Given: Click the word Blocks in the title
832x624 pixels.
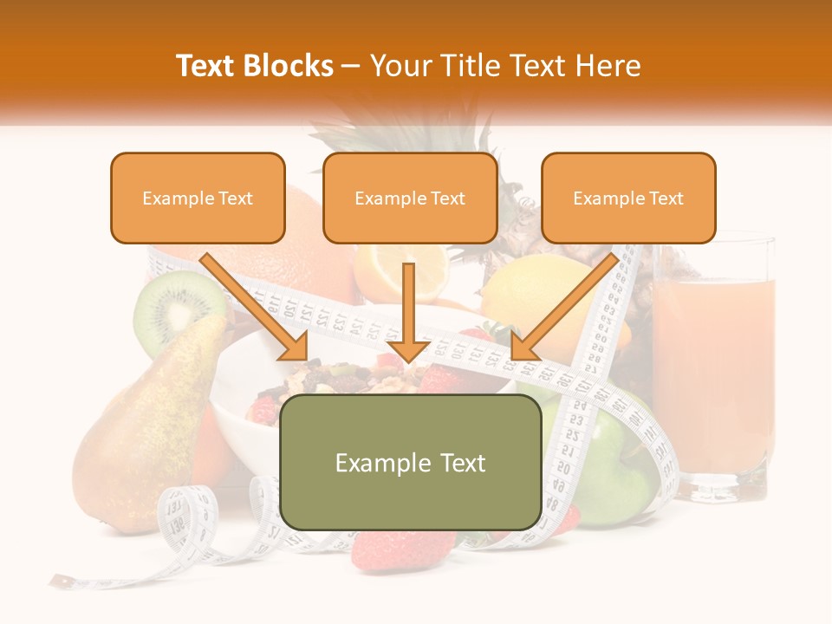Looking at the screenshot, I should tap(289, 66).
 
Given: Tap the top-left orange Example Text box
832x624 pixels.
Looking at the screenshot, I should tap(198, 198).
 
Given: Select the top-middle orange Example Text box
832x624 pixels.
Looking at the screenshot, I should tap(410, 198).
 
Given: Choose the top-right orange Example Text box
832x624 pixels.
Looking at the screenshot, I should tap(628, 198).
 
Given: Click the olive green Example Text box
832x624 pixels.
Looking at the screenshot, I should tap(410, 463).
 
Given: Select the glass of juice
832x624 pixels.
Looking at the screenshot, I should tap(712, 364).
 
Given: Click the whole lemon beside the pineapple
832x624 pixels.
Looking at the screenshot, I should tap(529, 295).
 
